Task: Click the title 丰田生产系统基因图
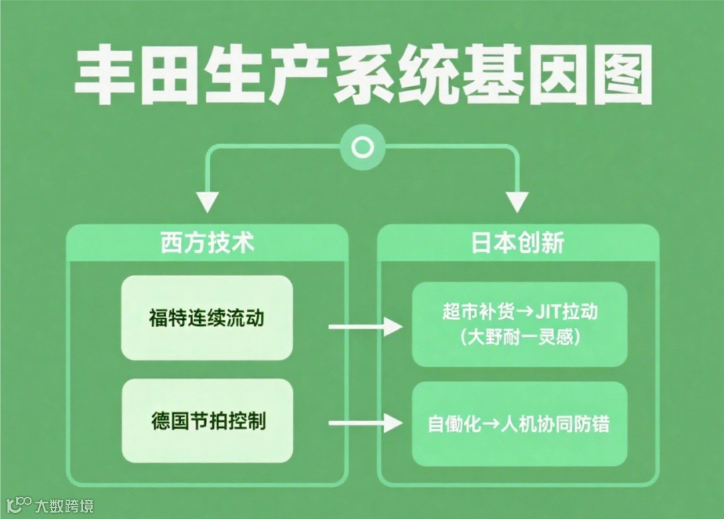[363, 75]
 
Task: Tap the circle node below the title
[363, 147]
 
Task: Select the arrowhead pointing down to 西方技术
[207, 201]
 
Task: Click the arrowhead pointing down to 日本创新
[518, 201]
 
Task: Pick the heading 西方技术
[207, 243]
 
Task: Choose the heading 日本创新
[518, 243]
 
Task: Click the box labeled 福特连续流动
[207, 317]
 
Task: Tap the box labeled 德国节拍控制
[207, 421]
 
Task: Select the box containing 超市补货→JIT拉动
[520, 324]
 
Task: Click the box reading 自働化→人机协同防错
[520, 424]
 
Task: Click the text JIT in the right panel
[546, 312]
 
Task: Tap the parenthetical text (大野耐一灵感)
[520, 337]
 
